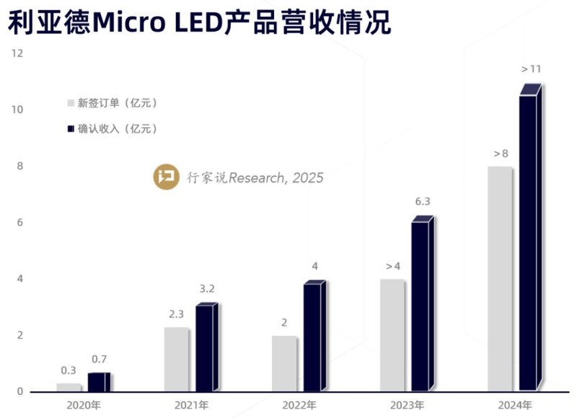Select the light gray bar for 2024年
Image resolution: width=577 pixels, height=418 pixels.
click(x=500, y=279)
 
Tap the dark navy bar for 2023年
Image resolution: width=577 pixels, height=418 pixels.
click(x=422, y=306)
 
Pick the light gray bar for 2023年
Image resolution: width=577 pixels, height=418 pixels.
click(x=392, y=335)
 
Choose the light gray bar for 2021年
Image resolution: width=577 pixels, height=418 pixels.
click(x=177, y=359)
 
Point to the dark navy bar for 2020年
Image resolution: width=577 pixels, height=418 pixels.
click(x=99, y=382)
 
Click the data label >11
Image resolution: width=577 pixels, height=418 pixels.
click(x=531, y=69)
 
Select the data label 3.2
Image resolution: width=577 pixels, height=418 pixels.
click(x=207, y=289)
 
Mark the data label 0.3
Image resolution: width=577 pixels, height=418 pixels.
click(x=69, y=370)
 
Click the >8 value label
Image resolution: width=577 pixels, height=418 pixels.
click(x=501, y=154)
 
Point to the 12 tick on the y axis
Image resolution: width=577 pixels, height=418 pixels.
click(x=17, y=53)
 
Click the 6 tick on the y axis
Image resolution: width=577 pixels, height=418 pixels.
click(x=20, y=222)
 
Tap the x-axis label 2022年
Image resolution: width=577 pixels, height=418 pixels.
click(x=299, y=404)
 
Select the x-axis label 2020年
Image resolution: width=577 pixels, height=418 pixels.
click(x=84, y=404)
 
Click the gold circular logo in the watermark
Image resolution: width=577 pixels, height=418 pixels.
click(x=166, y=177)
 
